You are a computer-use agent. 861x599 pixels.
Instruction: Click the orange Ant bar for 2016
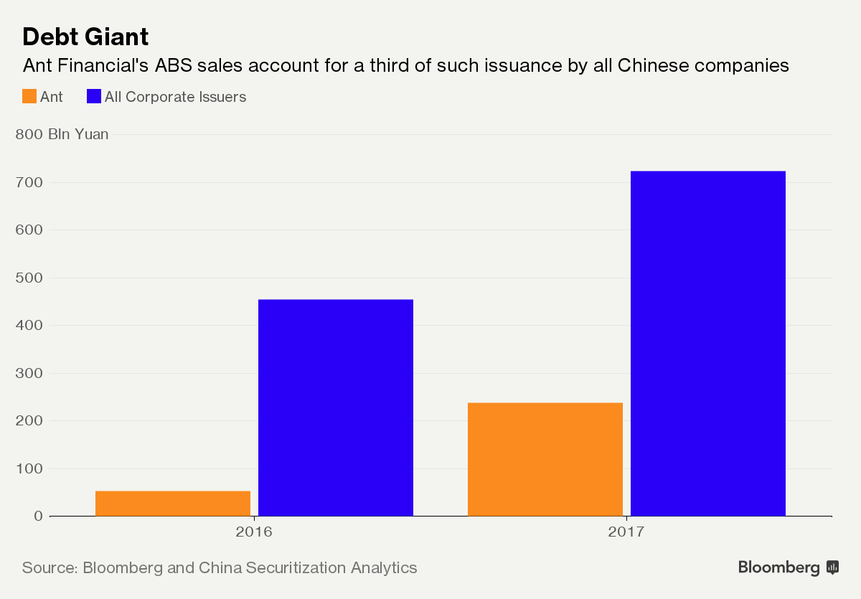click(x=173, y=504)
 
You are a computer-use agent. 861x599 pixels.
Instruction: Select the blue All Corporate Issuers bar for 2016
click(x=336, y=407)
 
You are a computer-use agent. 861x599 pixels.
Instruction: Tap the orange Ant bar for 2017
click(x=545, y=459)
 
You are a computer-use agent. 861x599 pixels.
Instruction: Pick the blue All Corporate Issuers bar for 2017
click(x=708, y=344)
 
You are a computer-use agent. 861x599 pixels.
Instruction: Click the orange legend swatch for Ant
click(x=29, y=96)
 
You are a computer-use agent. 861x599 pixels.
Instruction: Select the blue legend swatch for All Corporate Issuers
click(x=94, y=96)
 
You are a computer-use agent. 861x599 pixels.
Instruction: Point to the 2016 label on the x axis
click(x=254, y=532)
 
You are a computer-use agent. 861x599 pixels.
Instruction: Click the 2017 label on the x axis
click(x=626, y=532)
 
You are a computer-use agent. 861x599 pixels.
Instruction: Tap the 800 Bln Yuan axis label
click(x=62, y=134)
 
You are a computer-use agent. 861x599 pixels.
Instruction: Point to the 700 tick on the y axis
click(x=29, y=182)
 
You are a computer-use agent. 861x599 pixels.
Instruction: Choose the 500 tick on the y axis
click(x=29, y=278)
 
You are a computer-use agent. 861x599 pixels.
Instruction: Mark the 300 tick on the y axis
click(x=29, y=373)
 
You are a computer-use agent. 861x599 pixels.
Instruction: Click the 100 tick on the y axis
click(x=29, y=468)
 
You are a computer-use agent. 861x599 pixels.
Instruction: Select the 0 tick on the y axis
click(x=39, y=516)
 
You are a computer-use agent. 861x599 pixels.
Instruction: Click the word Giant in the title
click(x=117, y=37)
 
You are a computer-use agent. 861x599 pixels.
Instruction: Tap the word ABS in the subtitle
click(x=174, y=65)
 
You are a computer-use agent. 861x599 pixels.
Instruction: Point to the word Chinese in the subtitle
click(x=653, y=65)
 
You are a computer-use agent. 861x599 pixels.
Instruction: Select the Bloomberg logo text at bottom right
click(x=778, y=568)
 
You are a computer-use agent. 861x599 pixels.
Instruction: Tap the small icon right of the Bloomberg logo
click(x=832, y=567)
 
